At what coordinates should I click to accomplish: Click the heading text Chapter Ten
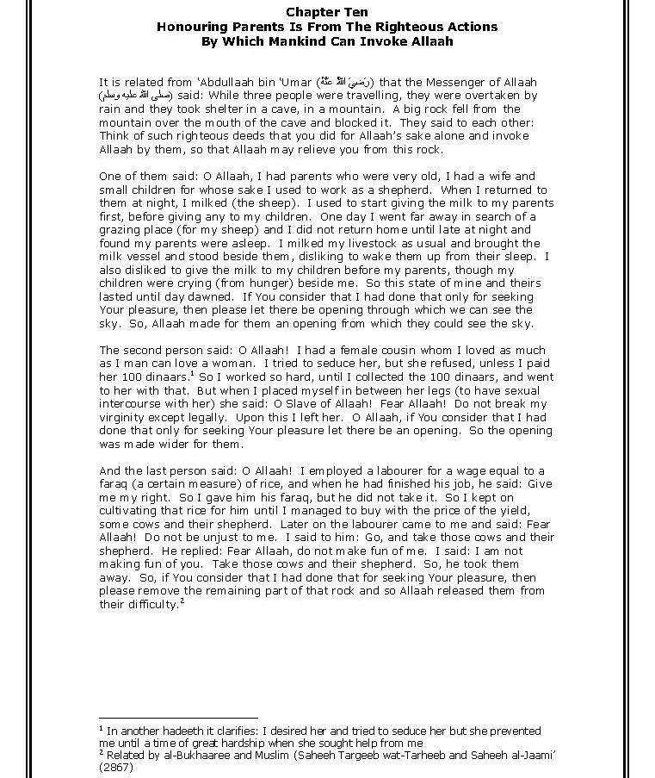click(327, 12)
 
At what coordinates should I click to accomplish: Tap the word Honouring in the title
click(188, 27)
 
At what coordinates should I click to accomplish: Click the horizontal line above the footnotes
click(178, 717)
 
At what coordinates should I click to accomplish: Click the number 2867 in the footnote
click(116, 767)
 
